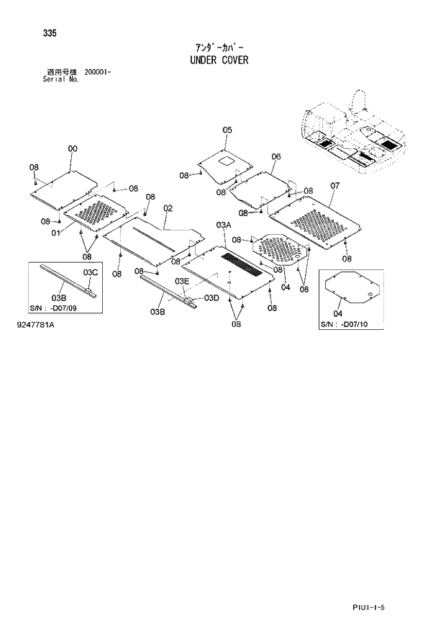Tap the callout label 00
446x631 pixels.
click(x=73, y=149)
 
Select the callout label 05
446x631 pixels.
click(x=227, y=130)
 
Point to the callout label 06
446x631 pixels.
click(x=276, y=156)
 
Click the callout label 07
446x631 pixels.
click(x=335, y=186)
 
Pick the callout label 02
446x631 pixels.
click(x=168, y=209)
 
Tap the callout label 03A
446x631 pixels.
click(x=223, y=225)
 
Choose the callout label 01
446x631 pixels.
click(x=55, y=233)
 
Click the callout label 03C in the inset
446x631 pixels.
click(x=90, y=272)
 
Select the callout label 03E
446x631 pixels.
click(x=181, y=281)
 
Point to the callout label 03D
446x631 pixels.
click(x=211, y=297)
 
